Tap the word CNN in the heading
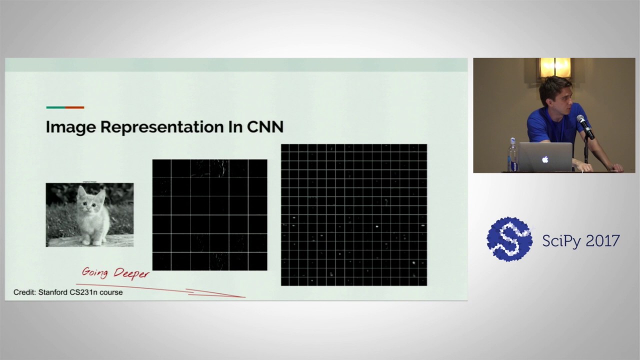pyautogui.click(x=265, y=127)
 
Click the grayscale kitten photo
pyautogui.click(x=89, y=214)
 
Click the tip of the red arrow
pyautogui.click(x=244, y=297)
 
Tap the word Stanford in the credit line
pyautogui.click(x=55, y=292)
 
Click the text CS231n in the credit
pyautogui.click(x=85, y=292)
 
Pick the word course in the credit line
pyautogui.click(x=111, y=292)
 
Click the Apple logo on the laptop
pyautogui.click(x=545, y=159)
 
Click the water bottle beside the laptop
pyautogui.click(x=512, y=155)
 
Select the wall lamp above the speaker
pyautogui.click(x=554, y=67)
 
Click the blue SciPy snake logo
pyautogui.click(x=509, y=239)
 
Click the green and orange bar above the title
pyautogui.click(x=65, y=107)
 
